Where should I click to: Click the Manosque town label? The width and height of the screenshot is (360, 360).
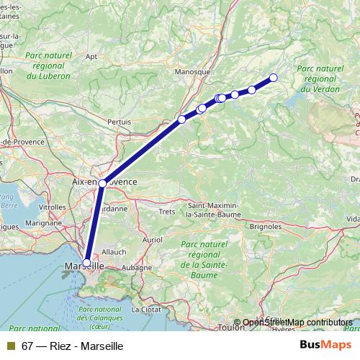[x=192, y=72]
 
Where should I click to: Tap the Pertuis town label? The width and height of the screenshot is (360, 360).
[x=119, y=122]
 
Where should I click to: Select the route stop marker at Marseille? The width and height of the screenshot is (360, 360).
[x=87, y=263]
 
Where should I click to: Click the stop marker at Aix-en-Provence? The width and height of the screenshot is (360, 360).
[x=103, y=184]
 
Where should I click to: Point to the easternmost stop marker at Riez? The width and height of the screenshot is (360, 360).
[x=273, y=78]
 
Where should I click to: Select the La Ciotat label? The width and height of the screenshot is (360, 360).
[x=146, y=310]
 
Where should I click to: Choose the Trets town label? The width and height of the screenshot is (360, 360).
[x=167, y=212]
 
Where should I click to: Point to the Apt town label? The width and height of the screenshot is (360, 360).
[x=91, y=55]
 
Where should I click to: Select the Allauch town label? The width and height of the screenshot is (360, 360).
[x=114, y=251]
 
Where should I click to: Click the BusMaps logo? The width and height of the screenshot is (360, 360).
[x=325, y=345]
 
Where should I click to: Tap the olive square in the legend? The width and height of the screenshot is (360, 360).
[x=11, y=346]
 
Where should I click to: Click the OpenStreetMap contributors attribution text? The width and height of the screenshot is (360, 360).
[x=297, y=323]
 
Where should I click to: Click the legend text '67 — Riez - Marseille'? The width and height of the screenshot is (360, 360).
[x=73, y=346]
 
